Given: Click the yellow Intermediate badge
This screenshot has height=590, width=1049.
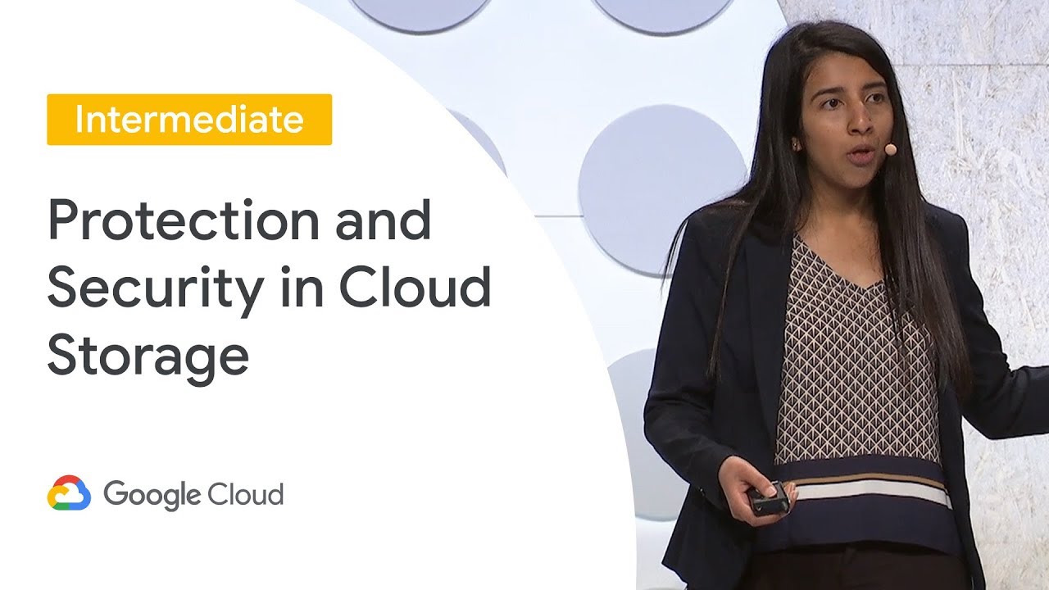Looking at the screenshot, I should click(x=189, y=120).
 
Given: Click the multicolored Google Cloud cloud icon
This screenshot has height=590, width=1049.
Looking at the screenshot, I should click(x=69, y=493).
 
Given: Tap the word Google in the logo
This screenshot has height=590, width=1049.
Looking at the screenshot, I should click(x=152, y=494).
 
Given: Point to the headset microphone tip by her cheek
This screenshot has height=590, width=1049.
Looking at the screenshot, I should click(x=890, y=150).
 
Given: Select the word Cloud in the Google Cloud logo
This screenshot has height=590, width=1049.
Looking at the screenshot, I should click(x=247, y=494).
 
